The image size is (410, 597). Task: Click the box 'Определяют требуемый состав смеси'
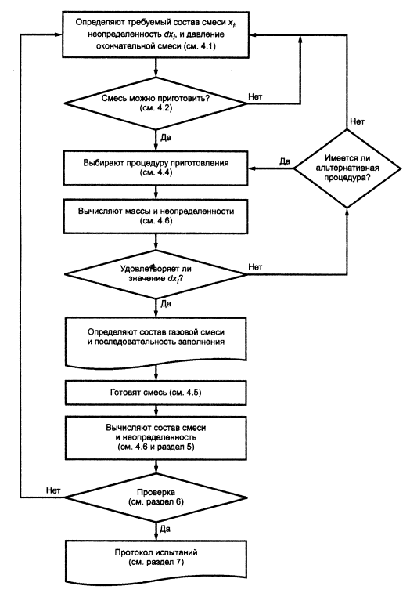(156, 34)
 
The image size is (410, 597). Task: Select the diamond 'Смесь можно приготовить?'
(156, 103)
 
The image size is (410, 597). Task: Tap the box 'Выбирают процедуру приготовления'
(156, 168)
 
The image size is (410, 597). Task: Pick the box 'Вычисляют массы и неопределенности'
(156, 216)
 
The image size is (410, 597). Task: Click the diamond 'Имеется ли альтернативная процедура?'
(347, 168)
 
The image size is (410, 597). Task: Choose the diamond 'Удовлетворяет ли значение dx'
(156, 273)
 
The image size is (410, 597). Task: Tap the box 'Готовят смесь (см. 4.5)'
(156, 393)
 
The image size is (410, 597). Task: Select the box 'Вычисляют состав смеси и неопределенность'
(156, 437)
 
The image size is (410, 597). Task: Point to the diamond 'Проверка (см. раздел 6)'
(156, 498)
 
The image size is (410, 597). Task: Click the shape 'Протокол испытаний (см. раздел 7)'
(156, 562)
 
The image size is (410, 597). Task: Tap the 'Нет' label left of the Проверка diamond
(53, 490)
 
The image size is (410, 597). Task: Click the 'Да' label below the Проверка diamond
(165, 529)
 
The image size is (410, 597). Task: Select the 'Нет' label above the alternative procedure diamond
(357, 122)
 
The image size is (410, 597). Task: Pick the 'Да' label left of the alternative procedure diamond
(285, 161)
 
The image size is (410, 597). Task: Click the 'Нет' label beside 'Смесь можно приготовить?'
(255, 96)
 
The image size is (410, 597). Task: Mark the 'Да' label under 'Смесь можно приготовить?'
(166, 137)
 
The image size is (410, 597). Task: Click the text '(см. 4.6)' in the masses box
(156, 220)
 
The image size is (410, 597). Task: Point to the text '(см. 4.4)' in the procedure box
(156, 172)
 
